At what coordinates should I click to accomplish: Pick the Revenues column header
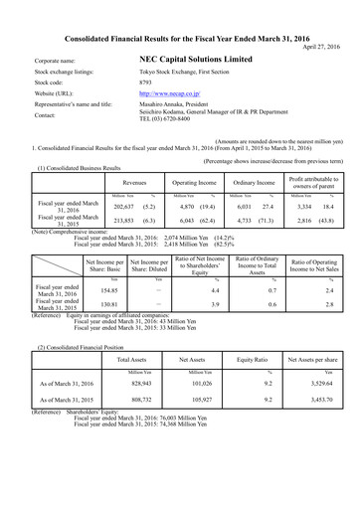coord(133,183)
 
